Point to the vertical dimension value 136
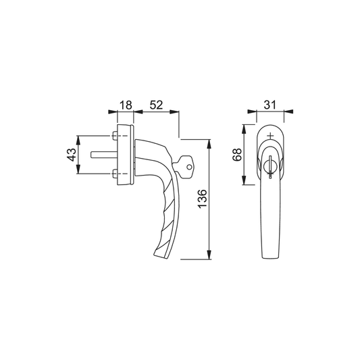(202, 199)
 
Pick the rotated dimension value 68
(236, 155)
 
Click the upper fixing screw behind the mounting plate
(112, 137)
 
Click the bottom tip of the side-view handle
(159, 255)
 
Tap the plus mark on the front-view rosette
(270, 136)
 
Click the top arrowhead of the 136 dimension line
(211, 143)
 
